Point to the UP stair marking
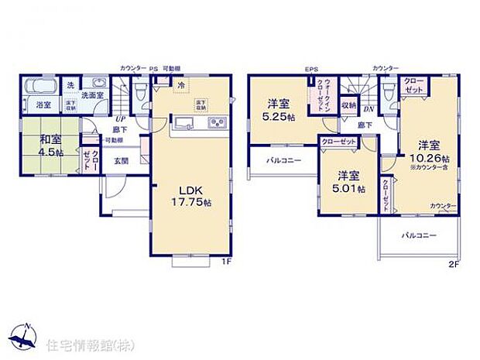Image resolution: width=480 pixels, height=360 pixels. coord(121,119)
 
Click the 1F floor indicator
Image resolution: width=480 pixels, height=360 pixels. coord(225,262)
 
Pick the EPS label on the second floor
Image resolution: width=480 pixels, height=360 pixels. coord(311,68)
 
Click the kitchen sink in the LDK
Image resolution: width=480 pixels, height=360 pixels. coord(183,123)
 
